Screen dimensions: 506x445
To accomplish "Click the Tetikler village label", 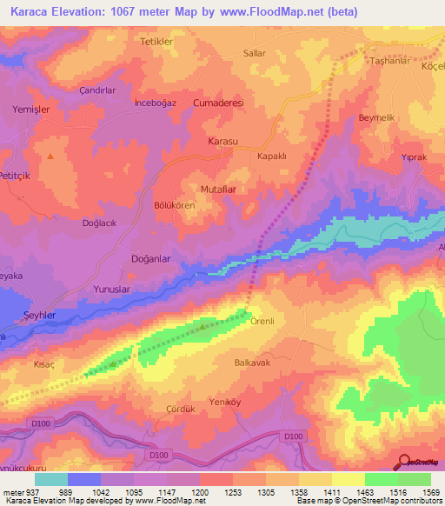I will coord(157,41).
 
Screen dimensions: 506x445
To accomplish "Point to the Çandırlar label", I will coord(97,90).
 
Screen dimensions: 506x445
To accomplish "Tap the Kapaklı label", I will coord(272,156).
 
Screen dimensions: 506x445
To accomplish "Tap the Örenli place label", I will coord(262,321).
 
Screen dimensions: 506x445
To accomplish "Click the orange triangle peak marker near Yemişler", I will coord(50,156).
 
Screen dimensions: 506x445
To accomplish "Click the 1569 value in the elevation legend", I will coord(430,492).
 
